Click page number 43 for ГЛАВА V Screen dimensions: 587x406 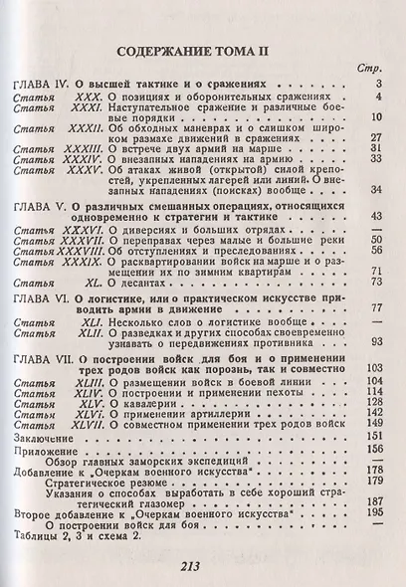pos(375,216)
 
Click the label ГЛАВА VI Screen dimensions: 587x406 pos(45,298)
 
